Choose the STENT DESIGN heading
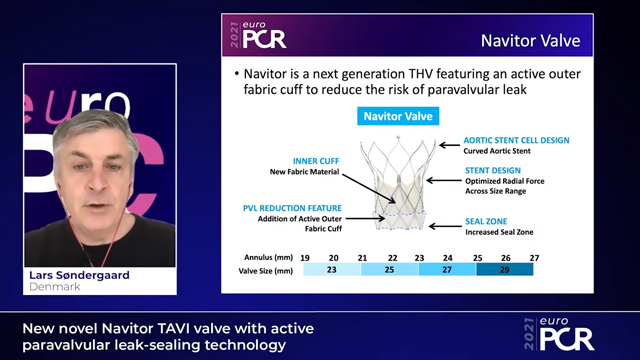[x=494, y=172]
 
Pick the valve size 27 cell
[x=448, y=271]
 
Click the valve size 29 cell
[x=505, y=271]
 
